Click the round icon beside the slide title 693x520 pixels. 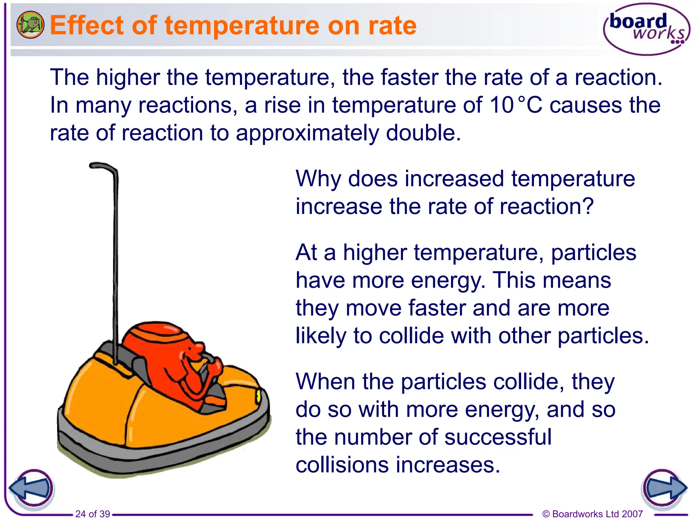tap(30, 25)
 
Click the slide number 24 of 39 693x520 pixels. tap(92, 514)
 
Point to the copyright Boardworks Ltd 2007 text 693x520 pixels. tap(592, 514)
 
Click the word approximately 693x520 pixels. tap(307, 133)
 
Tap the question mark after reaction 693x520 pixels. tap(587, 206)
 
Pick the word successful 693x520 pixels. tap(498, 437)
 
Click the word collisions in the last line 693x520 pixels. tap(342, 465)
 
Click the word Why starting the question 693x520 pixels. tap(318, 179)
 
